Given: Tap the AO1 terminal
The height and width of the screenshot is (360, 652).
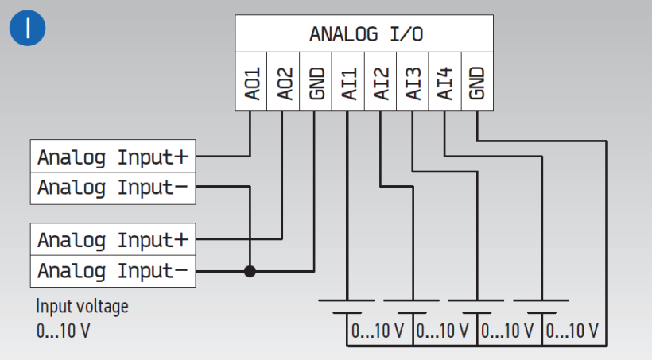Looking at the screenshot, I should pyautogui.click(x=251, y=83).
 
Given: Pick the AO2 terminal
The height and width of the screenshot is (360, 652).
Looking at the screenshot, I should pyautogui.click(x=283, y=83).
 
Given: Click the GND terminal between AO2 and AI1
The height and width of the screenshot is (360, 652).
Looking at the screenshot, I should pyautogui.click(x=315, y=83).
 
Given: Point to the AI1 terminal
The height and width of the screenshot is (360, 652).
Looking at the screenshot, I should pyautogui.click(x=347, y=83).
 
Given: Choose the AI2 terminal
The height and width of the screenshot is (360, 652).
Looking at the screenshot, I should pyautogui.click(x=380, y=83).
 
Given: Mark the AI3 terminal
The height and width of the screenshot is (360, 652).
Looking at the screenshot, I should pyautogui.click(x=412, y=83).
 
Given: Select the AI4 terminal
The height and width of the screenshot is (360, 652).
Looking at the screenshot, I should pyautogui.click(x=444, y=83).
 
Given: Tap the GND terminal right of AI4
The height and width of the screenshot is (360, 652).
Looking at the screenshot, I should pyautogui.click(x=476, y=83).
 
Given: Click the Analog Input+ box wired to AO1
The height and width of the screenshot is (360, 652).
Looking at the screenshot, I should pyautogui.click(x=112, y=157).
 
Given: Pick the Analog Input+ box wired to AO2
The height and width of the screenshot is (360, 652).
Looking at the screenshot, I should pyautogui.click(x=112, y=239).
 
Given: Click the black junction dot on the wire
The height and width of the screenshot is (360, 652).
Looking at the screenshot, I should pyautogui.click(x=250, y=271).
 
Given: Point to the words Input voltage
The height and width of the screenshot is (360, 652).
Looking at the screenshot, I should pyautogui.click(x=81, y=307).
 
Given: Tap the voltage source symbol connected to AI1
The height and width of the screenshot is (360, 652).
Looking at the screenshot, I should pyautogui.click(x=347, y=306).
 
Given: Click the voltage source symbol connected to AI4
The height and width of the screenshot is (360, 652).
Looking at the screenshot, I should pyautogui.click(x=542, y=306).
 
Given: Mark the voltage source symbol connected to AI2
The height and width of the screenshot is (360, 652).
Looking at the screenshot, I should pyautogui.click(x=412, y=306).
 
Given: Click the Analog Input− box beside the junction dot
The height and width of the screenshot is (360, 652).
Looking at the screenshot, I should pyautogui.click(x=112, y=271).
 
